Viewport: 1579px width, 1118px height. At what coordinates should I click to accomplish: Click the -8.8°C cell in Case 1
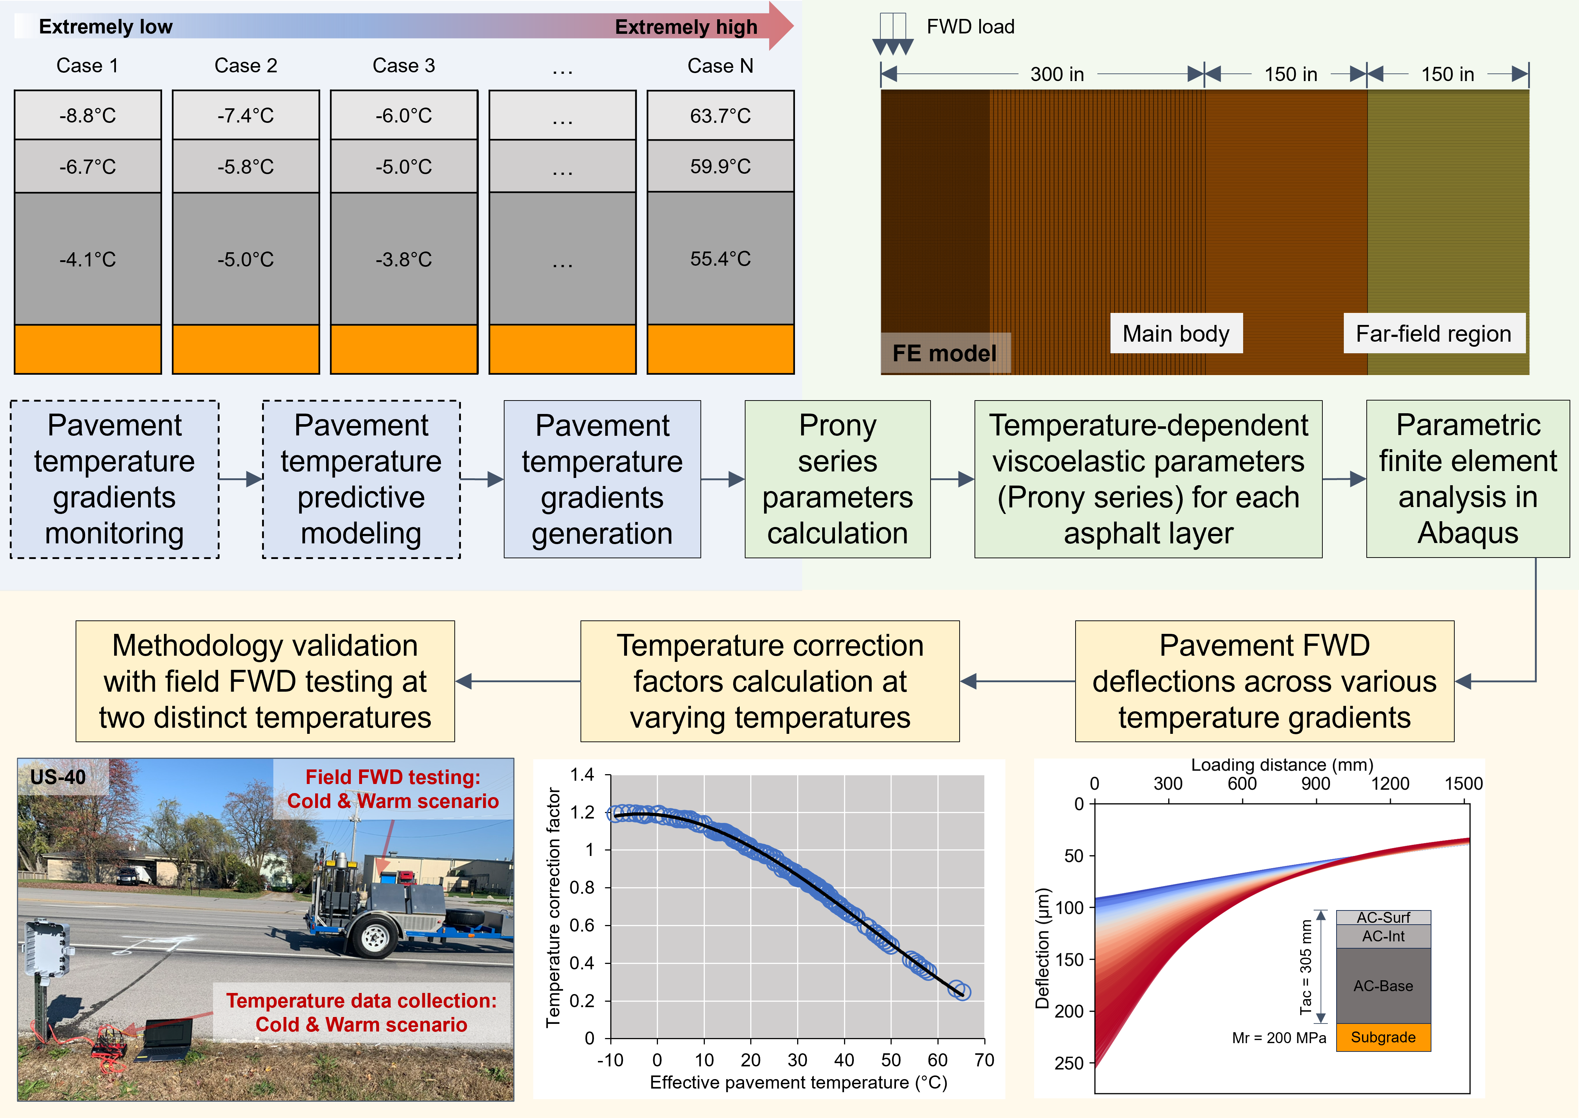87,115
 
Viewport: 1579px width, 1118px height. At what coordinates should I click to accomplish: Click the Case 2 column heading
246,65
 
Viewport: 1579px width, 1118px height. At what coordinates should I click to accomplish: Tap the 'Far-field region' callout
1434,334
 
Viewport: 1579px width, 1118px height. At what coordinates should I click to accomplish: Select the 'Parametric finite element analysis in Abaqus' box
1467,479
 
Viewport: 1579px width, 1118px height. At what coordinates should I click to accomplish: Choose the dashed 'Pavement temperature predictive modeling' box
361,479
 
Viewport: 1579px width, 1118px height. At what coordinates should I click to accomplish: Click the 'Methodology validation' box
265,681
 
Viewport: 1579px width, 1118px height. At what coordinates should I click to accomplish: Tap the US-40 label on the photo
59,777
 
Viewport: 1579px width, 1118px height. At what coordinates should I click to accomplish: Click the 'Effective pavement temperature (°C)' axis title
799,1083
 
